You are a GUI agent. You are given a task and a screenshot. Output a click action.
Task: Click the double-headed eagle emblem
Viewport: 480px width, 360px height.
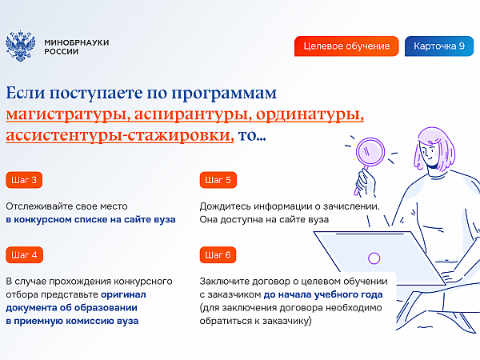(20, 46)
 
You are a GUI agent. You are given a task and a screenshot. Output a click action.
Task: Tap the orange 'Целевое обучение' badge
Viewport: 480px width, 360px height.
(346, 46)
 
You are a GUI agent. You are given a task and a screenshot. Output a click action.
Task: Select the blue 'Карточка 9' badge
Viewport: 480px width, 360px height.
(439, 46)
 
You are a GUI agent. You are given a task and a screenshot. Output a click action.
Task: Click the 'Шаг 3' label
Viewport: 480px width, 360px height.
(24, 180)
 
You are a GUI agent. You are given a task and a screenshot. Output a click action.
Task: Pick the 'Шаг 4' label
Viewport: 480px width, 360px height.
(24, 255)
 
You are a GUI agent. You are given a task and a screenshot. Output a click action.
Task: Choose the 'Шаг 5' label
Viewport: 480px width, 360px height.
(218, 180)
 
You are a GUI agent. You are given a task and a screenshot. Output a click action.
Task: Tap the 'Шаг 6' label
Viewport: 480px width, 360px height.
(218, 255)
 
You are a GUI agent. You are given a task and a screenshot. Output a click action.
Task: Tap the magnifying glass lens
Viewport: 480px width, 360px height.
(370, 152)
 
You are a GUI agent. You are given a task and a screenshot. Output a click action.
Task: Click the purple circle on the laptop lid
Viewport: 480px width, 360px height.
(374, 258)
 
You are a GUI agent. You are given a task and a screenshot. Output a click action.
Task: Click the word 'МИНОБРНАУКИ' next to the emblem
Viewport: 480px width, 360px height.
(77, 42)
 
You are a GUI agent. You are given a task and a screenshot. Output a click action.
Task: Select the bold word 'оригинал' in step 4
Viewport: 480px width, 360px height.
(123, 294)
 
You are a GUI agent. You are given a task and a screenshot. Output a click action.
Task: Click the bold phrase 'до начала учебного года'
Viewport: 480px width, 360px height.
(323, 294)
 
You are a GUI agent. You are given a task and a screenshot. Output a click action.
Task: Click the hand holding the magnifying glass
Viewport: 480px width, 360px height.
(366, 182)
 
